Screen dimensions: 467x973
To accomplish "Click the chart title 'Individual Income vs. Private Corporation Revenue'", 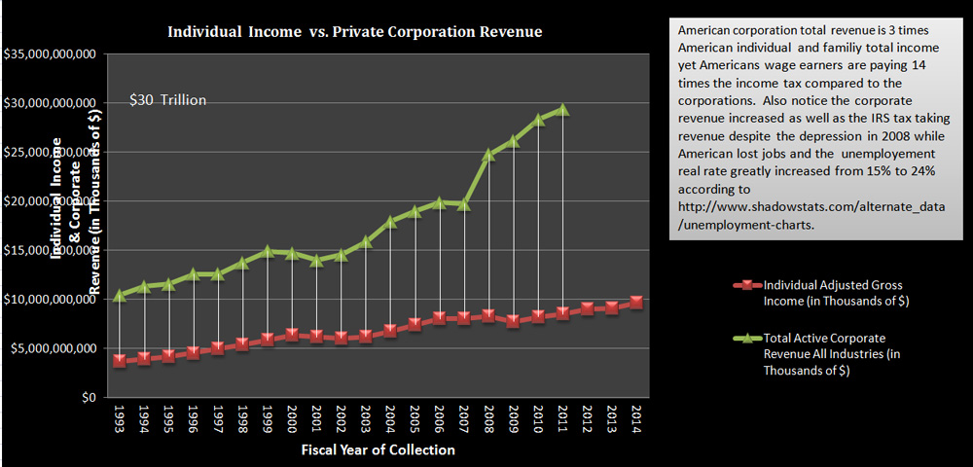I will pyautogui.click(x=355, y=32).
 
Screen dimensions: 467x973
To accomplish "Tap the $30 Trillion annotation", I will pyautogui.click(x=168, y=100).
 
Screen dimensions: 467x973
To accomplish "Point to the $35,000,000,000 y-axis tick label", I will pyautogui.click(x=49, y=54).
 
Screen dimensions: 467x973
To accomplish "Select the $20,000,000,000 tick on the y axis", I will pyautogui.click(x=49, y=201).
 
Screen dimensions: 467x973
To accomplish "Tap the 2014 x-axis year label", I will pyautogui.click(x=636, y=419).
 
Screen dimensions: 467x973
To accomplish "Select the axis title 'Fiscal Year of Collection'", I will pyautogui.click(x=378, y=450).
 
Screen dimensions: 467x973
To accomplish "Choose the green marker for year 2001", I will pyautogui.click(x=316, y=260).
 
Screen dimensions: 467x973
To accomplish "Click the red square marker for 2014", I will pyautogui.click(x=636, y=303).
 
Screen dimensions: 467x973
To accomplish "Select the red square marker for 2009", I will pyautogui.click(x=513, y=321).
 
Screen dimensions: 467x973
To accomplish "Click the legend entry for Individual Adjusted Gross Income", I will pyautogui.click(x=833, y=293).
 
